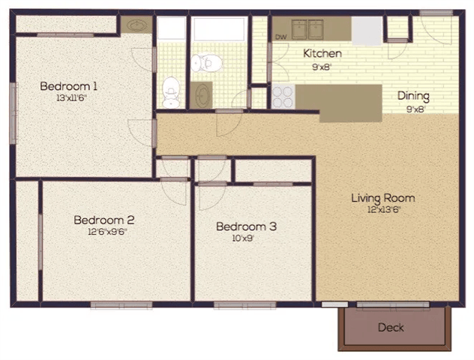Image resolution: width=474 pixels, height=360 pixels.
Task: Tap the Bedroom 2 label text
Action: [103, 220]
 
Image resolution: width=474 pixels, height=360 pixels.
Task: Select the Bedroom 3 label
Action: [246, 226]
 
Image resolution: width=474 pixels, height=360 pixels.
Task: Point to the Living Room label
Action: [383, 198]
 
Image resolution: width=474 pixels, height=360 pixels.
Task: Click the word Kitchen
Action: [322, 53]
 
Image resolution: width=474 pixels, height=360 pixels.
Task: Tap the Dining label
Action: [413, 95]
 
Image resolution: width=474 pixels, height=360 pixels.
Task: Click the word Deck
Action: [391, 327]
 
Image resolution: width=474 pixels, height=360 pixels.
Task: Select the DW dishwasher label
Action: [281, 36]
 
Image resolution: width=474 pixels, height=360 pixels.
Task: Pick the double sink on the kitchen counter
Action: [309, 28]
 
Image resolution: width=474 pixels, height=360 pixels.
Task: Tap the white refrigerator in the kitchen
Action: [367, 28]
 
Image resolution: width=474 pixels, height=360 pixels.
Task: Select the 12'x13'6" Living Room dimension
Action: [383, 210]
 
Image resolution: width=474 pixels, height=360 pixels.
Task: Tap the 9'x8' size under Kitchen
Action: [322, 65]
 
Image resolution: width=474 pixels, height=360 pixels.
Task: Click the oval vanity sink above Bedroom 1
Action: [136, 25]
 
